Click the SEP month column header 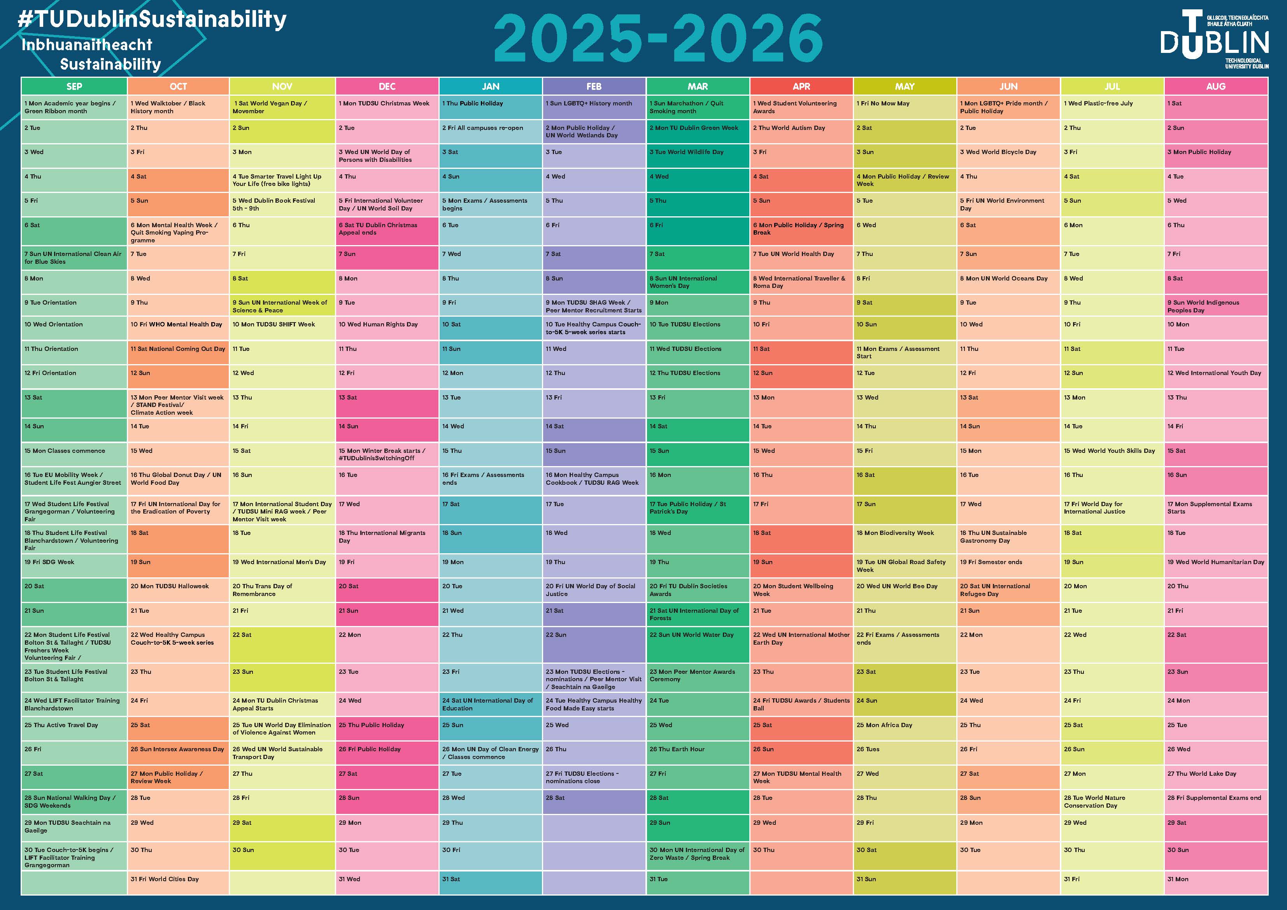tap(74, 86)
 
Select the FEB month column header tap(594, 86)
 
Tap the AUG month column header tap(1215, 86)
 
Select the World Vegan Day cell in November tap(282, 107)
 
